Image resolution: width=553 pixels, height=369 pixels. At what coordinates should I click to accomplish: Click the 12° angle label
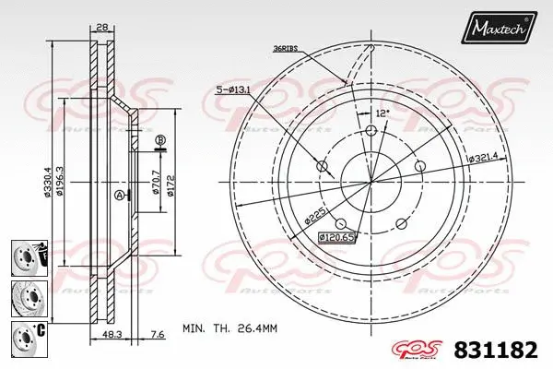point(382,113)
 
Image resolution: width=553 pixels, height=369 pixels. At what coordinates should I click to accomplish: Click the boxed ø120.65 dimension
point(335,237)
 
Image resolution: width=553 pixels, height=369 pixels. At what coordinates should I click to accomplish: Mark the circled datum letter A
point(118,196)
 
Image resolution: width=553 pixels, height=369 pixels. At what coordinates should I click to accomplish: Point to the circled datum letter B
point(159,140)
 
